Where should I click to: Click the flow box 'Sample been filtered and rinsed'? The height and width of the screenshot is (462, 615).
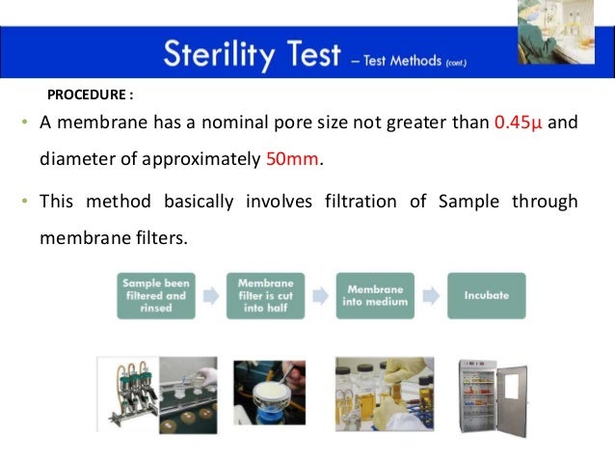tap(154, 295)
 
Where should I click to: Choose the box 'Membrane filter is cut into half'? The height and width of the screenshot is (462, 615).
tap(265, 295)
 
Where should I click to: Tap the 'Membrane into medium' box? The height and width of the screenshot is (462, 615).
tap(375, 295)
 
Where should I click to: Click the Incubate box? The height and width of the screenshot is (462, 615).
tap(486, 295)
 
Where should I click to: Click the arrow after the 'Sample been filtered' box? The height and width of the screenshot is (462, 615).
tap(209, 295)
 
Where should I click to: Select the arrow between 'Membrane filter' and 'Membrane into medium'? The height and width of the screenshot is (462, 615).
tap(320, 295)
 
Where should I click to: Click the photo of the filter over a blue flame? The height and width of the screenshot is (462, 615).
tap(269, 393)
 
